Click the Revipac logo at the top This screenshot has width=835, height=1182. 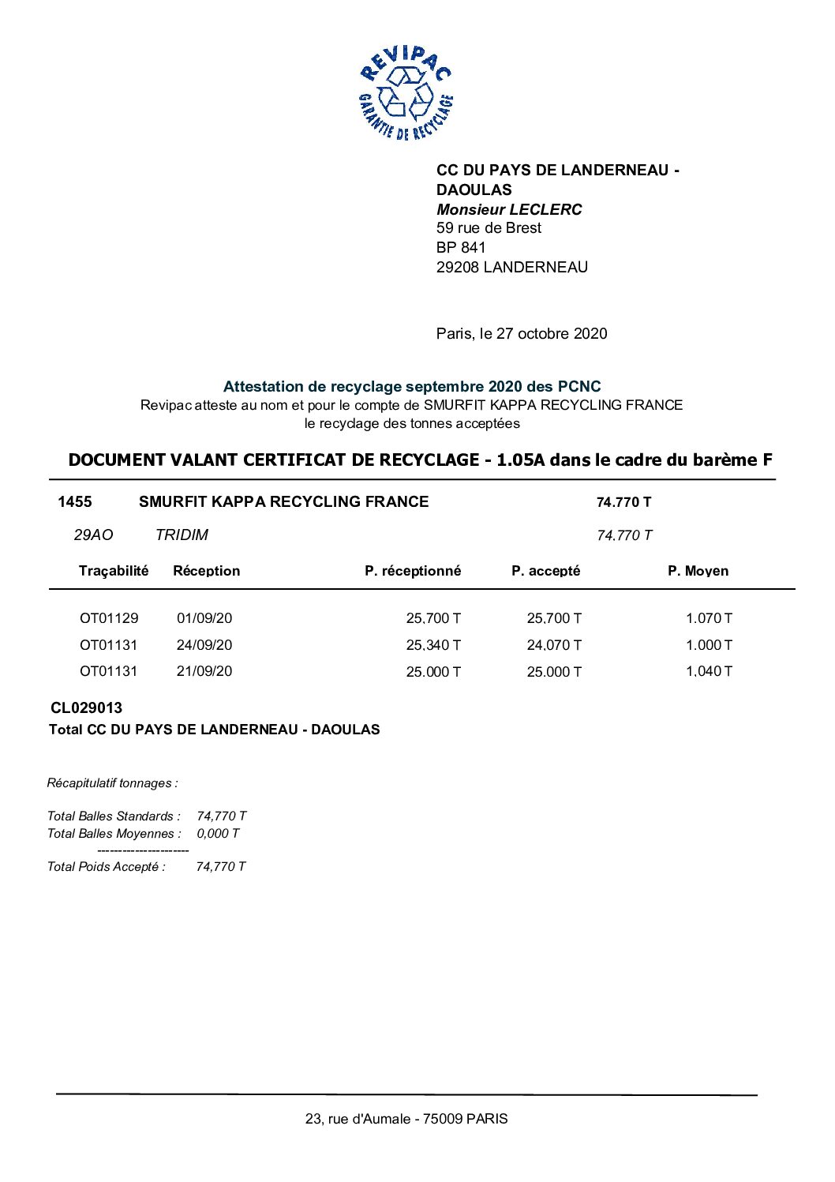(x=406, y=93)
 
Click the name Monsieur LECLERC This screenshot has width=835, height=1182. (x=509, y=209)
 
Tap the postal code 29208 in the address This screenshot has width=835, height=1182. (x=458, y=267)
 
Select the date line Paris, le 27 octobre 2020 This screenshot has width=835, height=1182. (x=522, y=333)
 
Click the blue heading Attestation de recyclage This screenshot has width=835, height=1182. (x=411, y=386)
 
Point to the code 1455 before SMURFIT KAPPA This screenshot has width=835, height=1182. (x=75, y=501)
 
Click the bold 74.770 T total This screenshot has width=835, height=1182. (x=623, y=502)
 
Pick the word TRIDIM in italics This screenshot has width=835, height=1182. (x=182, y=535)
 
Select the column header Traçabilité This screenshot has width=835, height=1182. (x=114, y=571)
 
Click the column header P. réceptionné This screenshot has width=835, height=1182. (x=413, y=571)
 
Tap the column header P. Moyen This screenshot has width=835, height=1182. (x=698, y=571)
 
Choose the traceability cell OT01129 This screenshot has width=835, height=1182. (x=109, y=618)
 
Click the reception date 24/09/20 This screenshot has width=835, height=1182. (x=204, y=645)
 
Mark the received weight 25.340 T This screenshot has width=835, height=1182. (x=433, y=645)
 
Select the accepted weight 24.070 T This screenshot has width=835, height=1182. (x=554, y=645)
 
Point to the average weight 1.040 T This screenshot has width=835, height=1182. (x=709, y=671)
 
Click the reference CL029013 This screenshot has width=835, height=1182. (x=87, y=707)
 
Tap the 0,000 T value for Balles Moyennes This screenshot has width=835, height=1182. (x=218, y=833)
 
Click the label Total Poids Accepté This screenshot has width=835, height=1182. (x=107, y=866)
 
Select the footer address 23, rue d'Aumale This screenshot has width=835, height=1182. (x=406, y=1118)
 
